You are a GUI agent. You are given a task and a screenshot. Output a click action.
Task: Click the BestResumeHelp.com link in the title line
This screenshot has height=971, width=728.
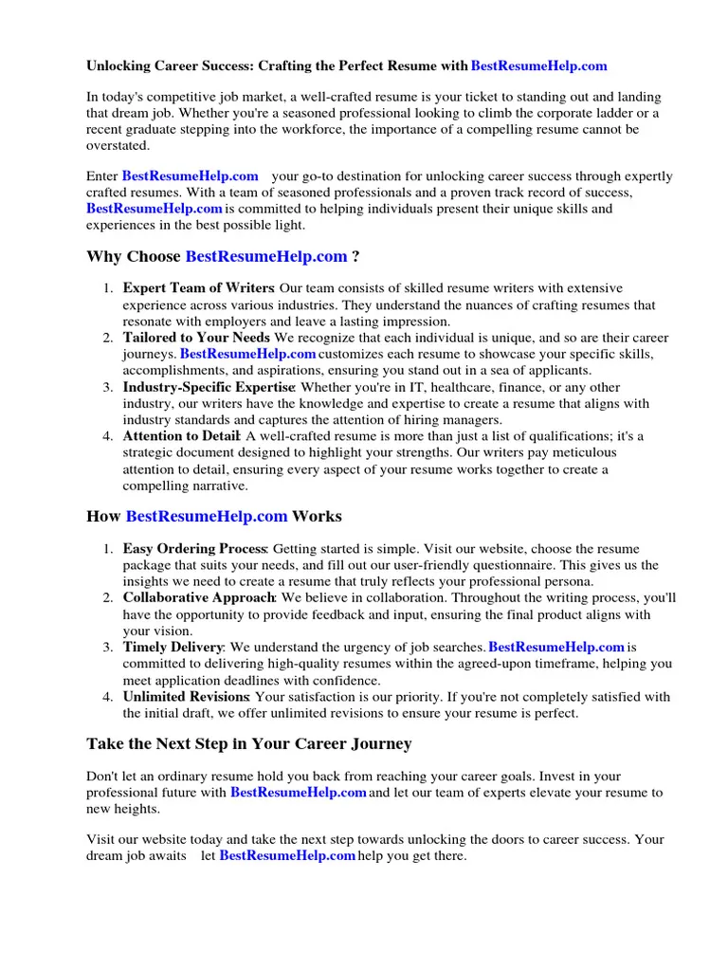point(538,66)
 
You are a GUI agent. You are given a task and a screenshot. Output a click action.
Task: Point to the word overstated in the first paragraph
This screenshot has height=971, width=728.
point(118,146)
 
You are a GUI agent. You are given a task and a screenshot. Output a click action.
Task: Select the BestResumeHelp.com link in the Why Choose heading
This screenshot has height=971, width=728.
point(266,257)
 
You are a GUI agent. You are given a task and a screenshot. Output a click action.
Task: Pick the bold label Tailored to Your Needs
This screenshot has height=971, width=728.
point(196,338)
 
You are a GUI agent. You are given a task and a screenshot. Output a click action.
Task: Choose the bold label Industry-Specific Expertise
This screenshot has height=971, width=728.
point(209,387)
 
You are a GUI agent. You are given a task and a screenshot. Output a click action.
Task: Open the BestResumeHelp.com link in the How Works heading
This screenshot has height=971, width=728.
point(207,517)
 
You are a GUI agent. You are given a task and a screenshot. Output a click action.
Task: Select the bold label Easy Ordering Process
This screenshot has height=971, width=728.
point(195,549)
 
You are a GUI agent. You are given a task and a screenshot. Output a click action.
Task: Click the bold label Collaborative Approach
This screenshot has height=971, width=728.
point(199,598)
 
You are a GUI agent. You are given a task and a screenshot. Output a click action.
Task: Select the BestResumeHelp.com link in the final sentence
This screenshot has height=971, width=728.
point(287,855)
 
